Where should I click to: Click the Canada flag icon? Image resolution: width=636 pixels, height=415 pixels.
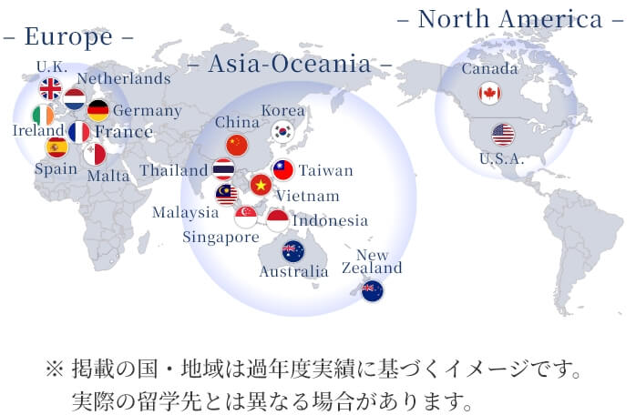coord(489,93)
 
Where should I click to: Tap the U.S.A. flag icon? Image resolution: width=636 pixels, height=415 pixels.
coord(503,135)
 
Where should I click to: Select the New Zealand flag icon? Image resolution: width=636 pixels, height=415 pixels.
coord(372,291)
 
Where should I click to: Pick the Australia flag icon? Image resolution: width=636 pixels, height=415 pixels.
coord(292,251)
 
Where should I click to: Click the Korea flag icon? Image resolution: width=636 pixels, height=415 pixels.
coord(282,131)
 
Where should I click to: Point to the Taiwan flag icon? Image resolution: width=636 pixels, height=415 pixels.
coord(283,170)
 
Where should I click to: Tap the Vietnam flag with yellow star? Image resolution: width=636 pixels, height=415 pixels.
coord(261,185)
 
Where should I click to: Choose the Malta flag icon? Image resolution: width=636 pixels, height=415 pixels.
coord(95,154)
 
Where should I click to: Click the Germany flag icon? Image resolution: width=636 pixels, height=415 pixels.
coord(97,111)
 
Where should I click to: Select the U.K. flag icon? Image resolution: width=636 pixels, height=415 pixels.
coord(50,89)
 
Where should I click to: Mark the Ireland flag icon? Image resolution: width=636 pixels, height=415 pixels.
coord(43,116)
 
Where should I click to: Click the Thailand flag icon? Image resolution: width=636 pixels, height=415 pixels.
coord(223,169)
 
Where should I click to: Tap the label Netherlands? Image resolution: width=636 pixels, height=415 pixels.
coord(124,78)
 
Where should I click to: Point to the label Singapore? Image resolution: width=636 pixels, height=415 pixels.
coord(221,238)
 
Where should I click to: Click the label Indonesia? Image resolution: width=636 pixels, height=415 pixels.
coord(330,220)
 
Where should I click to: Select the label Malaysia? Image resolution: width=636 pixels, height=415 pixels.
coord(185,212)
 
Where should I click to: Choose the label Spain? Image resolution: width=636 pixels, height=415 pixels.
coord(56,168)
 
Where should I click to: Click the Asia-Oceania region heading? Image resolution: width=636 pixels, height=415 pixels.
coord(290,64)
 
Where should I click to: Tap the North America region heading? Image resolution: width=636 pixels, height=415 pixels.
coord(510,19)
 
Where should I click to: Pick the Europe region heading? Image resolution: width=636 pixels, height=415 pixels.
coord(68,37)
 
